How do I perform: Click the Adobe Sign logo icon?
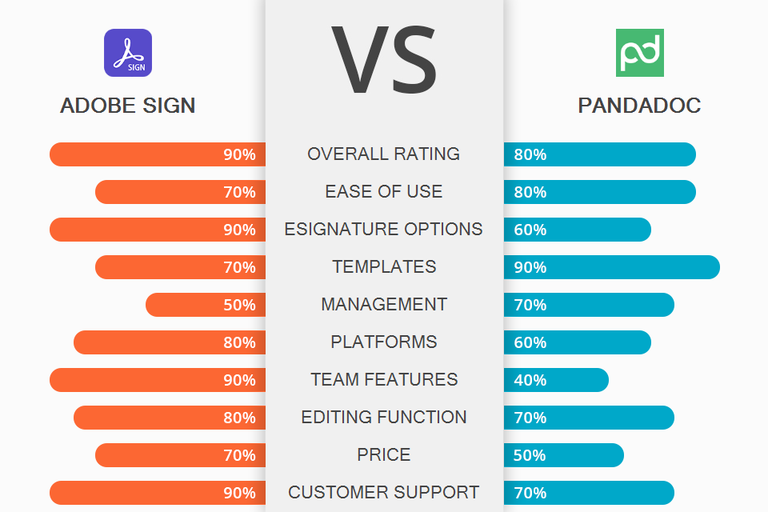point(128,53)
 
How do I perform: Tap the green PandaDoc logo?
point(639,53)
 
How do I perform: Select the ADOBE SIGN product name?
point(128,106)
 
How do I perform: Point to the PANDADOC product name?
point(639,106)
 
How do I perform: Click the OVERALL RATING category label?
point(384,154)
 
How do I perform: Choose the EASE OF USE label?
point(384,192)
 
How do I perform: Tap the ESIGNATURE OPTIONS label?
point(384,230)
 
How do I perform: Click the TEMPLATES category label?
point(384,267)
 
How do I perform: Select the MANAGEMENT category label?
point(384,305)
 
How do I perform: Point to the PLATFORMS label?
point(384,342)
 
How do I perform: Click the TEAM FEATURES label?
point(384,380)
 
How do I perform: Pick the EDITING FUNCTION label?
point(384,418)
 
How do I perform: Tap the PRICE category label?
point(384,455)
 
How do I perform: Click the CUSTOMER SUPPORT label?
point(384,493)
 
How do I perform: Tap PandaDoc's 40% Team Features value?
point(530,380)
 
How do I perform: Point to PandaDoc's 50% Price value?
point(530,455)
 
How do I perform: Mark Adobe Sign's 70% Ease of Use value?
point(239,192)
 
